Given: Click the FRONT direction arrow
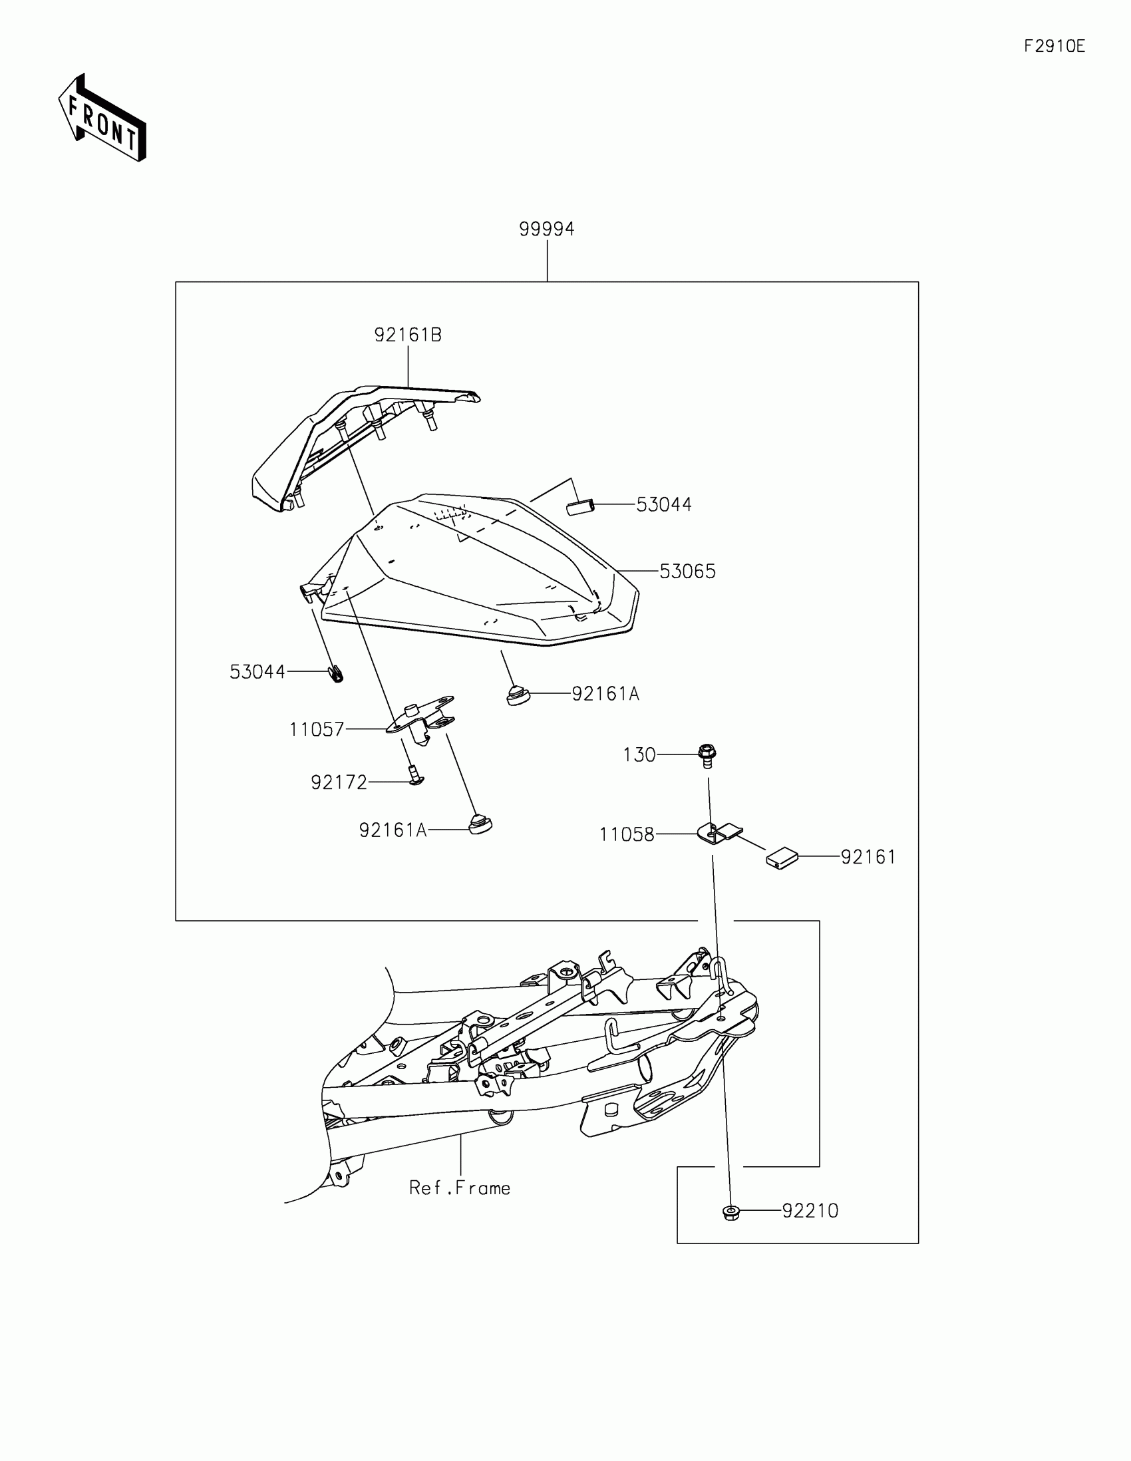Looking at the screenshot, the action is (102, 118).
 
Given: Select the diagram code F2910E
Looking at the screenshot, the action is (1054, 46).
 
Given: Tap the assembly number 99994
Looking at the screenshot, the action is (546, 230).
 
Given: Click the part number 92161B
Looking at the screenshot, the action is (408, 335).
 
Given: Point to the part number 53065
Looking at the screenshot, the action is (687, 571).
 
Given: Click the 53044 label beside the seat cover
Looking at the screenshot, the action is (663, 504).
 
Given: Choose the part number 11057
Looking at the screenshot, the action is (317, 729).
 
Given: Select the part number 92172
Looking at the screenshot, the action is (339, 782).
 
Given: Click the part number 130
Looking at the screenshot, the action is (639, 754).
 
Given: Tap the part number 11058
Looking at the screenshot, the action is (627, 834).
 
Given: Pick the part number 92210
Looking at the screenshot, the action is (810, 1211).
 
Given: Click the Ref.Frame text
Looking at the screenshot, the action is (460, 1188).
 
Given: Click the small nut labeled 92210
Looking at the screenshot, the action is (731, 1212).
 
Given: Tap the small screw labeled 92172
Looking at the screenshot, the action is (415, 778).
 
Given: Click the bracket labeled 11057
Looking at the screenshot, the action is (420, 720).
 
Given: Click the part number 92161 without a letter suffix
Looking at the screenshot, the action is (868, 857).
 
